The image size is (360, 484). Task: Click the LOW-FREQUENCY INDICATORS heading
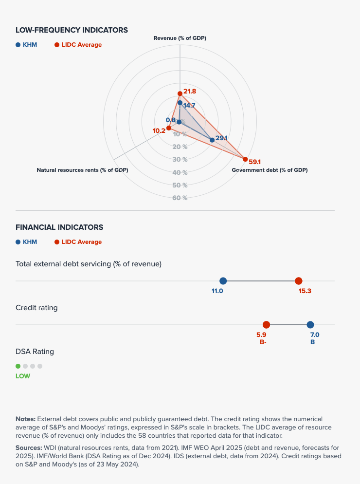[72, 30]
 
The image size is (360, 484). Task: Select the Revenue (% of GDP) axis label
[180, 38]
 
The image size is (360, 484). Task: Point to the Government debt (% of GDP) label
[270, 170]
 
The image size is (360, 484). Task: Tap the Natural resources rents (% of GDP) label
[82, 170]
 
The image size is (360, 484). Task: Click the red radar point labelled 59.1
[245, 159]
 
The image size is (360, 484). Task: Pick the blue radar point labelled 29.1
[212, 140]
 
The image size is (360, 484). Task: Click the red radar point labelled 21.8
[180, 93]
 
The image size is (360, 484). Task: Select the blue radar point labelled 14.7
[180, 103]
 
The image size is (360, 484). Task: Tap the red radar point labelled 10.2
[168, 128]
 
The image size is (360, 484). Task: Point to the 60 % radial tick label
[180, 198]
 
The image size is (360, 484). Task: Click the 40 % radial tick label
[180, 172]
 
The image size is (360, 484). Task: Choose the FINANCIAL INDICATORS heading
[59, 227]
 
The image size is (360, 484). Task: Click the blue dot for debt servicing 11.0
[223, 281]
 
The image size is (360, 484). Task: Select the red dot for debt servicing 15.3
[299, 281]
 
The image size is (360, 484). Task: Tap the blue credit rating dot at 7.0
[310, 325]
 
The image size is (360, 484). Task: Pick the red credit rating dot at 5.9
[266, 325]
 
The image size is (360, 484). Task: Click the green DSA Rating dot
[18, 366]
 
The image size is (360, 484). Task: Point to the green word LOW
[22, 376]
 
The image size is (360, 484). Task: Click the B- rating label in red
[263, 342]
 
